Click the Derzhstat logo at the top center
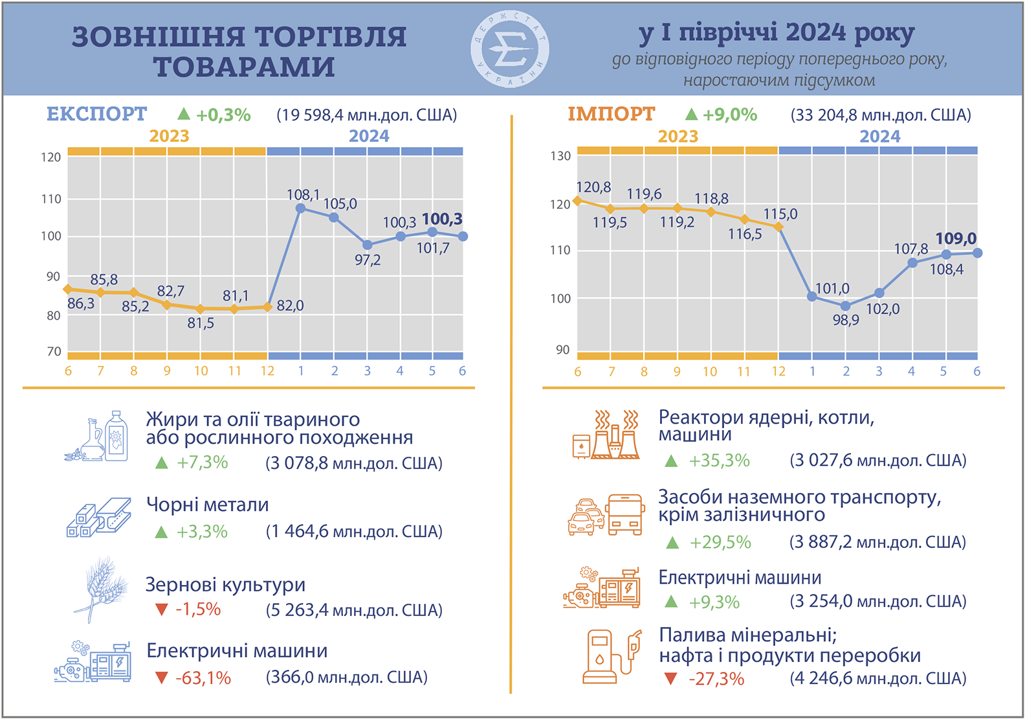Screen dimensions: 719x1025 (x=510, y=49)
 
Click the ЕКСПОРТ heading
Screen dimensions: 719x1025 (x=97, y=114)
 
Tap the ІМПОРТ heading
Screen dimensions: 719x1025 (x=612, y=114)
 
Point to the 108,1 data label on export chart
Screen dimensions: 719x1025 (x=303, y=194)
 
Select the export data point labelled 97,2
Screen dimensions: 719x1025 (x=368, y=245)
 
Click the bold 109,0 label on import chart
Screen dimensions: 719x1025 (x=956, y=238)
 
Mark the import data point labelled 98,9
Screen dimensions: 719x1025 (x=845, y=306)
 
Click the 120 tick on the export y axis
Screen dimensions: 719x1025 (x=51, y=157)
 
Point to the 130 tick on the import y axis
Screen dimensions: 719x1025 (x=560, y=156)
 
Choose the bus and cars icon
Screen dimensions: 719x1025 (x=606, y=515)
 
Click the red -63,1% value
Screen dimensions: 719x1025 (x=203, y=678)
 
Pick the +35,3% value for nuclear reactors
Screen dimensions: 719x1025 (x=719, y=461)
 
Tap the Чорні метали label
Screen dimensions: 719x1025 (x=207, y=505)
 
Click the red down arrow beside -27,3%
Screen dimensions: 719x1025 (x=670, y=679)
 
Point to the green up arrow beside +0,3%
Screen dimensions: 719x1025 (x=184, y=114)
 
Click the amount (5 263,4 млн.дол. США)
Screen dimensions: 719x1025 (x=354, y=610)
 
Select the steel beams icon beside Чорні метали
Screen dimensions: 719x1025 (x=99, y=518)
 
